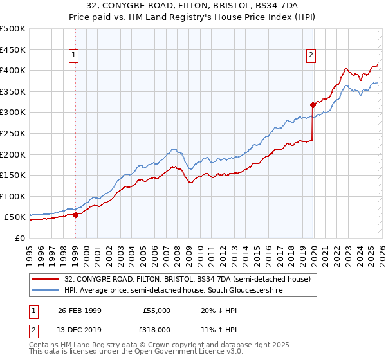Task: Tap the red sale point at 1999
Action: tap(76, 215)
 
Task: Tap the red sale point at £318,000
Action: tap(313, 104)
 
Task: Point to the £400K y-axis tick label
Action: tap(13, 71)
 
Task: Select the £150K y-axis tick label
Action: tap(13, 175)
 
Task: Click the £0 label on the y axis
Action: tap(19, 238)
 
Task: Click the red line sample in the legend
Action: tap(46, 279)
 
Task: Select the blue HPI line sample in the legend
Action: tap(46, 291)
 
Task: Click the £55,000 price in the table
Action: tap(156, 310)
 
